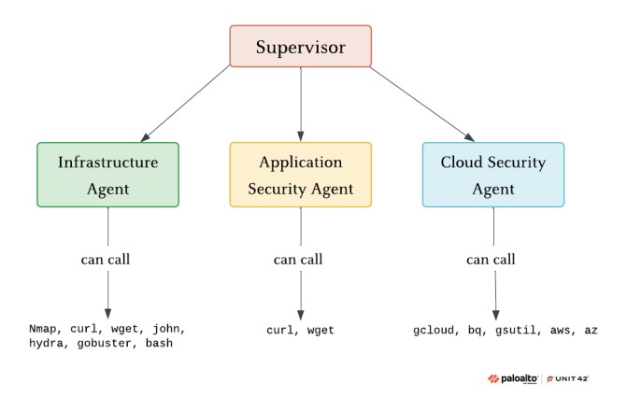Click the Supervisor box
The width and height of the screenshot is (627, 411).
coord(301,46)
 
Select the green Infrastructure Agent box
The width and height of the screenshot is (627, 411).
coord(107,174)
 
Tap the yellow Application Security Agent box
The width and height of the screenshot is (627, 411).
coord(300,174)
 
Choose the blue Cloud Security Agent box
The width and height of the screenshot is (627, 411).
coord(493,174)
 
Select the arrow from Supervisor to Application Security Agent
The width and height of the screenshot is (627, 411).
coord(301,103)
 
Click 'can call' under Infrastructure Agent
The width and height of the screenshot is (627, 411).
coord(107,259)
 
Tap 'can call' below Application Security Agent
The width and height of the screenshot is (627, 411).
coord(300,259)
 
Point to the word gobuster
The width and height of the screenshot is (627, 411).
coord(110,344)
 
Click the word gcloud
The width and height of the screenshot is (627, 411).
coord(435,330)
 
